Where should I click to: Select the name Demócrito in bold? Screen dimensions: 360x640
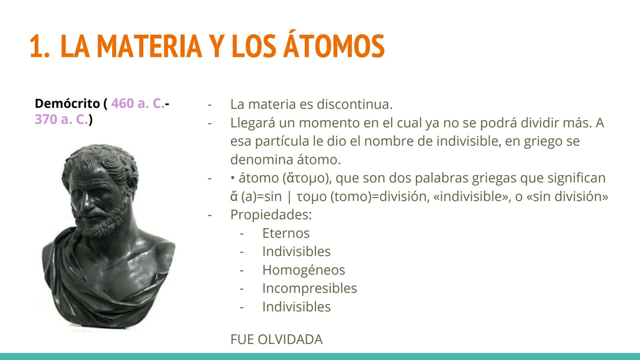coord(67,104)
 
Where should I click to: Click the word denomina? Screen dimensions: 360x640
coord(259,160)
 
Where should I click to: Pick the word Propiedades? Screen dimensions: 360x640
coord(271,215)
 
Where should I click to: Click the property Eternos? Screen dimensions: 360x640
coord(286,233)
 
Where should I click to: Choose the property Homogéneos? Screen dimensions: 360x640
coord(303,270)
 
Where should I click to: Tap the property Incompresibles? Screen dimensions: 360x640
coord(309,288)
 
